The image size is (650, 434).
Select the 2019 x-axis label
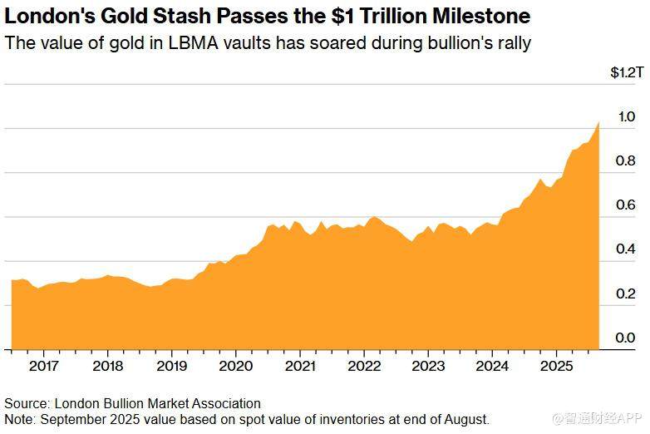tap(171, 365)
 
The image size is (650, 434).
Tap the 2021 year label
tap(299, 365)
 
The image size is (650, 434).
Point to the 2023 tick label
tap(428, 365)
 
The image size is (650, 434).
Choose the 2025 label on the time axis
tap(556, 365)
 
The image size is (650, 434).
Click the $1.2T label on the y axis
tap(626, 73)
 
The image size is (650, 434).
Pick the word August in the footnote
tap(466, 419)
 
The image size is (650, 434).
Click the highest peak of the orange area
tap(598, 122)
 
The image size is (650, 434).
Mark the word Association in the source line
tap(227, 404)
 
